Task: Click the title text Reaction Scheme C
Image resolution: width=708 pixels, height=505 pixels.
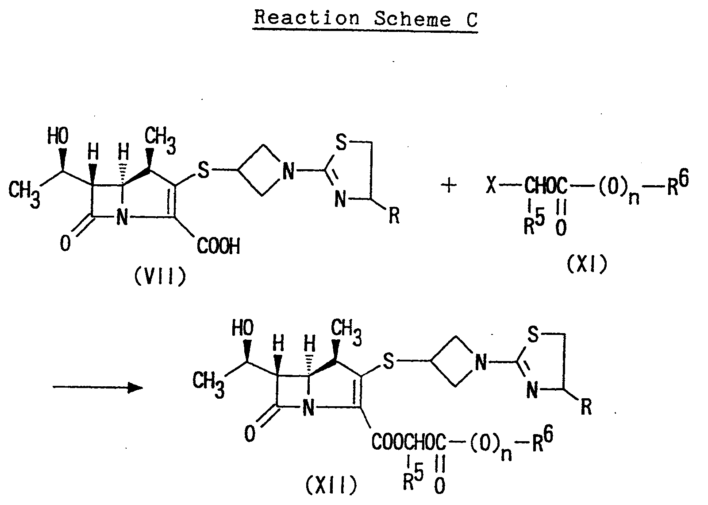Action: point(366,19)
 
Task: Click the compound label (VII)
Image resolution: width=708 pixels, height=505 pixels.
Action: point(159,277)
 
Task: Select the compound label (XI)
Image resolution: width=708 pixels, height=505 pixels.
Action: point(586,264)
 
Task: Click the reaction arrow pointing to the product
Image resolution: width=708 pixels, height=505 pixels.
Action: point(98,388)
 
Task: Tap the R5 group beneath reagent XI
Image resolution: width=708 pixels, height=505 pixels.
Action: point(533,224)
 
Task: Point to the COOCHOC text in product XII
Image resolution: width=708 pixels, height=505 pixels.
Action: point(409,442)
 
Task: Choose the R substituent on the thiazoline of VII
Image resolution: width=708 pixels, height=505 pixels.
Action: point(393,217)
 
